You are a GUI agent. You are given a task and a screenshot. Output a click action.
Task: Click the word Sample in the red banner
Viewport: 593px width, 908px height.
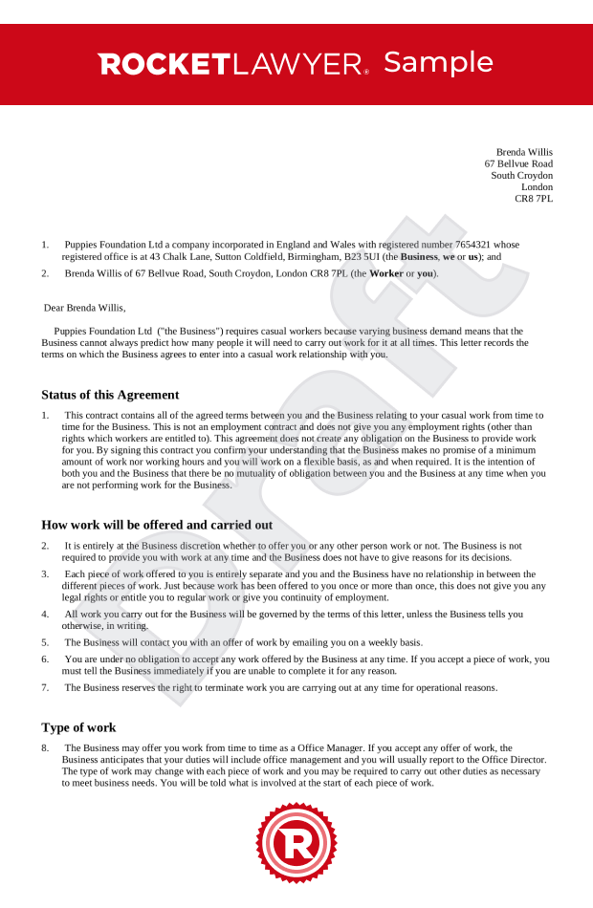click(438, 63)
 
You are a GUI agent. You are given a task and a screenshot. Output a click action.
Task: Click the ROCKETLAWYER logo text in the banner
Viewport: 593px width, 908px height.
click(232, 65)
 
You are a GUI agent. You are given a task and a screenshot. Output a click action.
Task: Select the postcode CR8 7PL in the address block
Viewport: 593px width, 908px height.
click(534, 199)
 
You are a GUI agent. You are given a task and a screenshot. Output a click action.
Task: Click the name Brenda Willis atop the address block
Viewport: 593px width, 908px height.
click(524, 152)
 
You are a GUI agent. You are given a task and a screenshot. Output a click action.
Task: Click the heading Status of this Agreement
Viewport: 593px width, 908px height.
click(110, 395)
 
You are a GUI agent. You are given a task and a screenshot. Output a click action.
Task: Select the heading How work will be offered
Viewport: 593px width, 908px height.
click(157, 525)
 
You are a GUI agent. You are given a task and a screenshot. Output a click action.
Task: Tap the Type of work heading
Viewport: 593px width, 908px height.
click(78, 727)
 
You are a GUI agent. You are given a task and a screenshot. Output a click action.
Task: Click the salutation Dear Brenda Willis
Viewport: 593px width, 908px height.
click(85, 308)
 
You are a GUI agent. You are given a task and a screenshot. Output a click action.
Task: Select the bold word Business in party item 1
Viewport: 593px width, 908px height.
click(420, 257)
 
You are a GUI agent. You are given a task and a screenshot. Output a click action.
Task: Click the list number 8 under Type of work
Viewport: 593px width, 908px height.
click(45, 748)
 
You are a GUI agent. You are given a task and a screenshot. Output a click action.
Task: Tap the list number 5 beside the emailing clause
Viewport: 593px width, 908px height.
click(45, 642)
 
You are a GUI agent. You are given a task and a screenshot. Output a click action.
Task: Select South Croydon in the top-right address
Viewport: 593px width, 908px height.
click(521, 176)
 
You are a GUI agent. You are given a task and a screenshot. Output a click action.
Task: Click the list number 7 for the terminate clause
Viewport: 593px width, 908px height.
click(45, 687)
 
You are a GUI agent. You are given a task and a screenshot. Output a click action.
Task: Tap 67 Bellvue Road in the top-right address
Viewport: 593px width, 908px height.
click(518, 164)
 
